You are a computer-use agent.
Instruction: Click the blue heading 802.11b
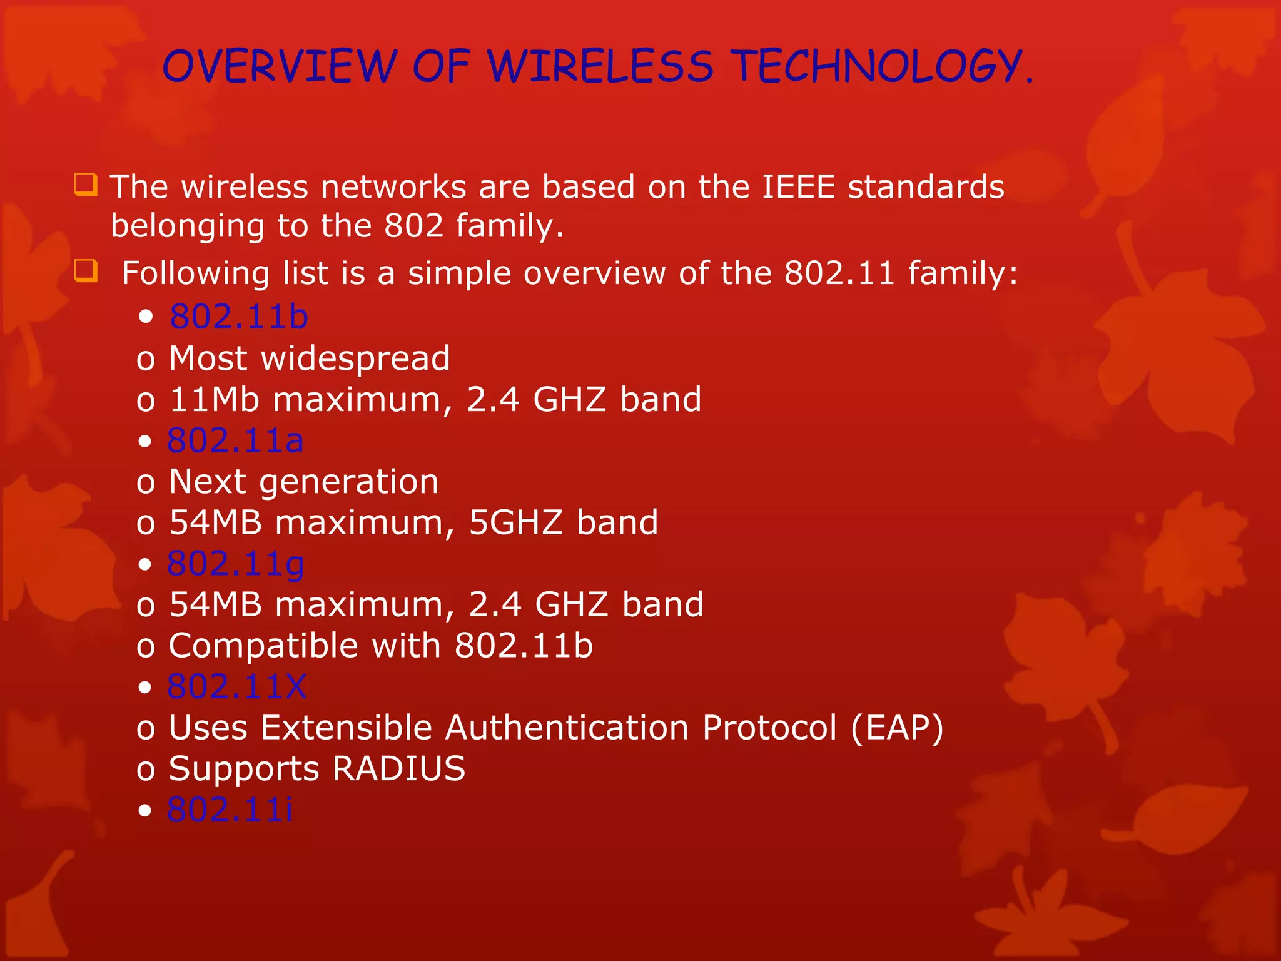coord(239,317)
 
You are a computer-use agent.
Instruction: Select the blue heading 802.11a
coord(235,440)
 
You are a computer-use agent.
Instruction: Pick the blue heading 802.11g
coord(236,564)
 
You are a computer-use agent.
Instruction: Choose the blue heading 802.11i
coord(230,810)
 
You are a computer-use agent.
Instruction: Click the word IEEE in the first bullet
coord(798,187)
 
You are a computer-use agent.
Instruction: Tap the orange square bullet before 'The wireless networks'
coord(86,185)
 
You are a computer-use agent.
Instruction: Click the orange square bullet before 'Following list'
coord(86,272)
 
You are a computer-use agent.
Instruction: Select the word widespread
coord(355,358)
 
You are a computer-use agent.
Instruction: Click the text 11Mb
coord(214,400)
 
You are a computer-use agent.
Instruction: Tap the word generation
coord(348,482)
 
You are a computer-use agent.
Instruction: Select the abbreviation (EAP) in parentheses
coord(896,728)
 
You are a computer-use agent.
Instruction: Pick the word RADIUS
coord(398,769)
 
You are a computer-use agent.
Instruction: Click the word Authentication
coord(567,728)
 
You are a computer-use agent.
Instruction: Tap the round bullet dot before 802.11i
coord(145,811)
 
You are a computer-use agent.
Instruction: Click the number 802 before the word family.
coord(413,226)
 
